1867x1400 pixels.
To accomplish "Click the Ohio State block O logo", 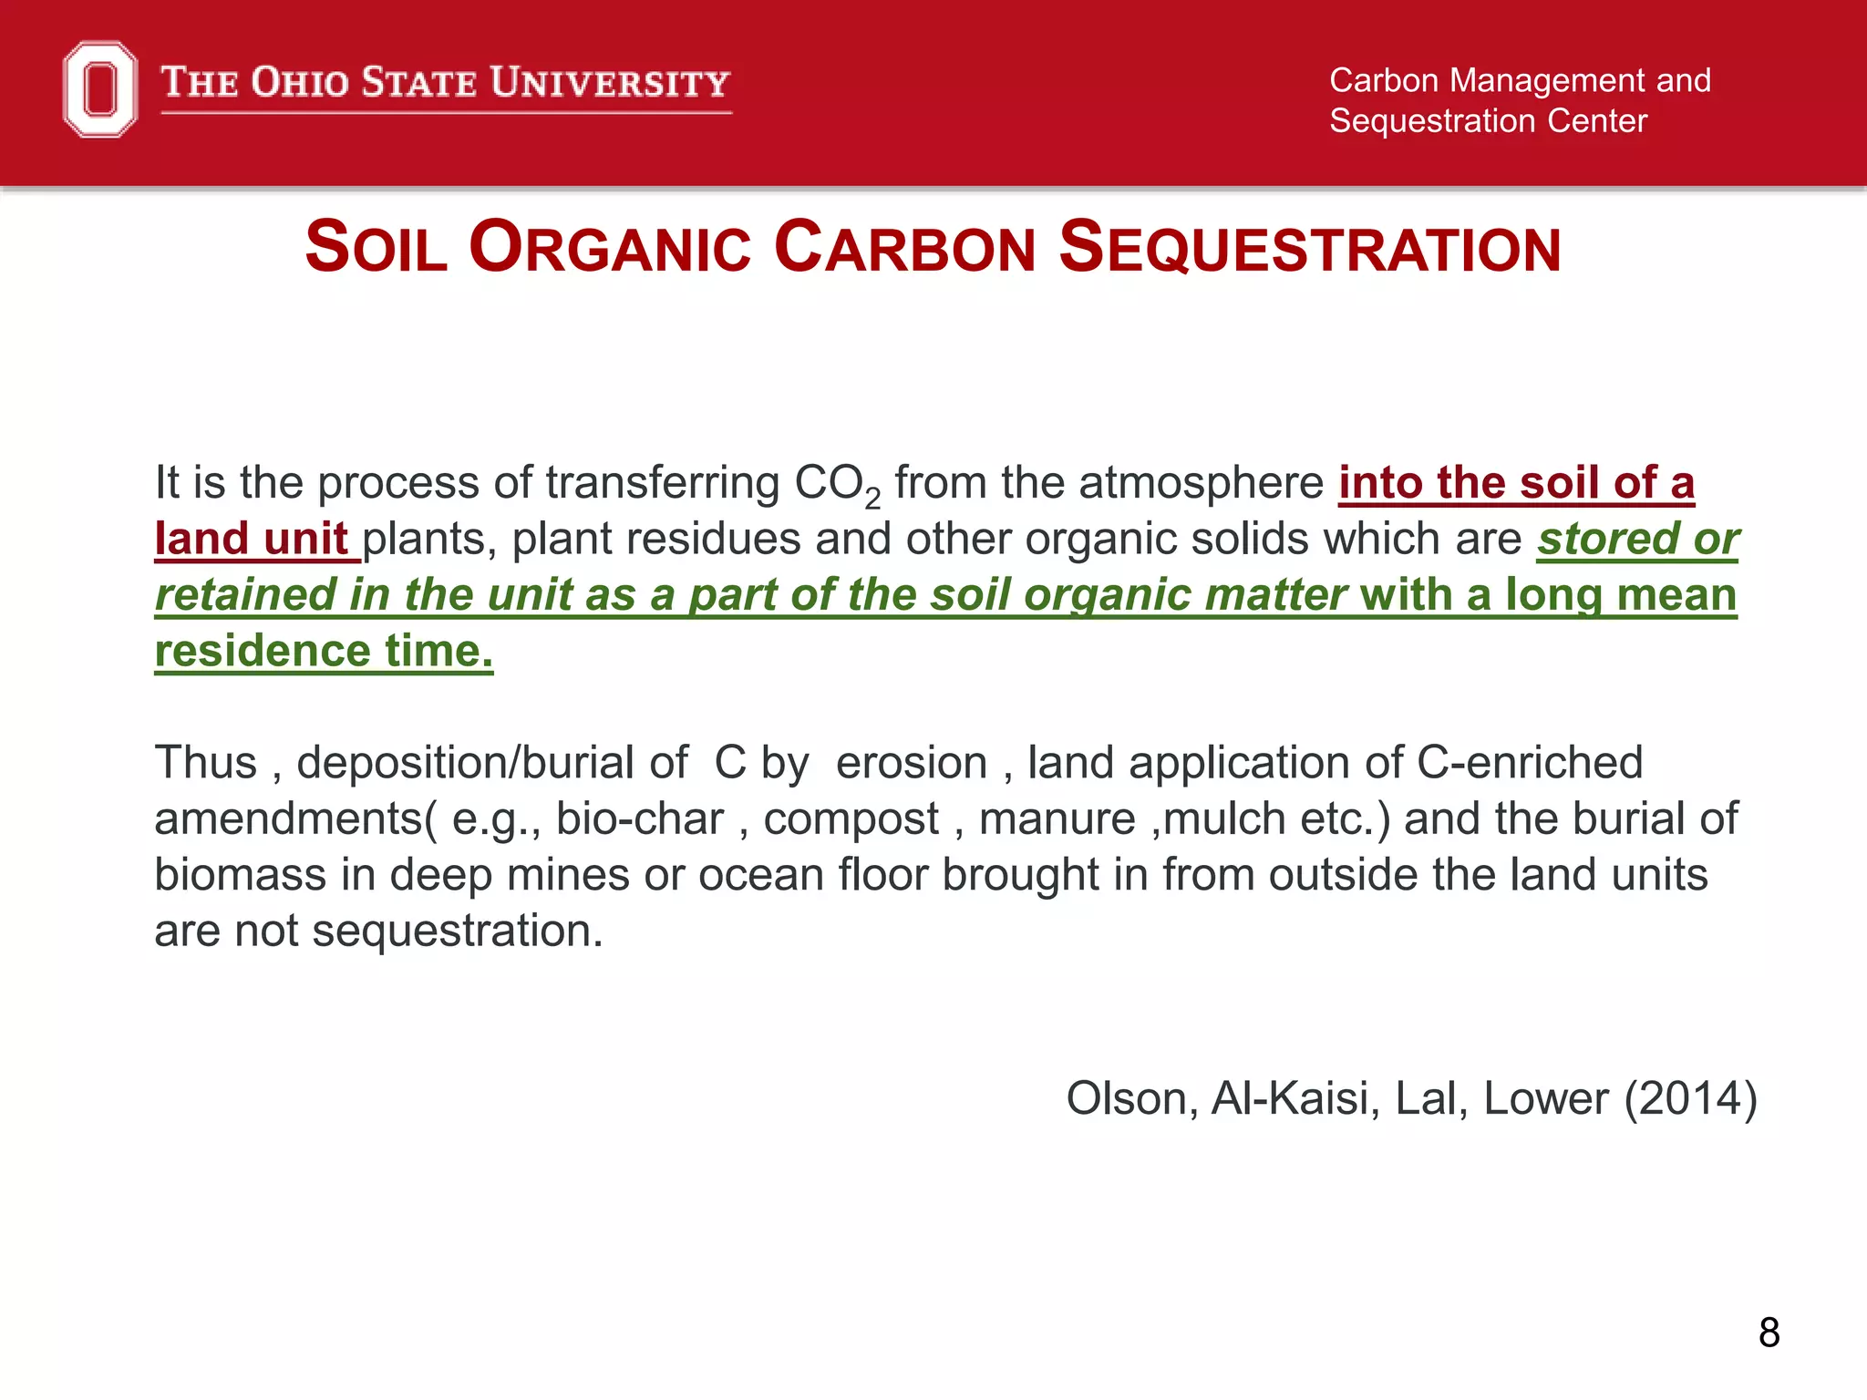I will (x=100, y=89).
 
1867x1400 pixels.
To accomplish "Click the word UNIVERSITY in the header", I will (x=610, y=83).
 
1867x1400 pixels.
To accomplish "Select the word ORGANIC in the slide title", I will (x=610, y=248).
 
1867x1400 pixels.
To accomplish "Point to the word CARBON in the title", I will (x=904, y=248).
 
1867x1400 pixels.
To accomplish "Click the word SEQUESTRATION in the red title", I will (x=1310, y=248).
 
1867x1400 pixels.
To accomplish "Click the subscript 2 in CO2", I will (x=872, y=499).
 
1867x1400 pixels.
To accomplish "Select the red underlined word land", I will (x=201, y=539).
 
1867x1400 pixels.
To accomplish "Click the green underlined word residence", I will (x=263, y=651).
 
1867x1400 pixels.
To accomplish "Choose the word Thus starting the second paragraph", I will (x=206, y=762).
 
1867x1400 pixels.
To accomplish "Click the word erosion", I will (x=912, y=763).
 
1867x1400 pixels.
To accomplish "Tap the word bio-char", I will (x=640, y=818).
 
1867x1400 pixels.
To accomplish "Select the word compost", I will (x=851, y=818).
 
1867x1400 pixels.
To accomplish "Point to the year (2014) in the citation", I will (x=1691, y=1098).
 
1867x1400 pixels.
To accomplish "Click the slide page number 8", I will (x=1769, y=1333).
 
